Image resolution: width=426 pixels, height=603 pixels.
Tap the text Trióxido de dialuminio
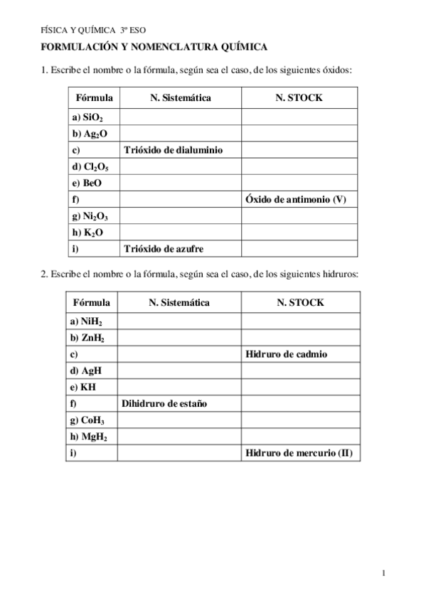[x=173, y=150]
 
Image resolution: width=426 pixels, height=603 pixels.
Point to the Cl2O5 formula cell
[x=91, y=166]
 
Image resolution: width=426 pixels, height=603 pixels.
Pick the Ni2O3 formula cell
[x=91, y=215]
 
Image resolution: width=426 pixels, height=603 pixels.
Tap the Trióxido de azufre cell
[x=169, y=248]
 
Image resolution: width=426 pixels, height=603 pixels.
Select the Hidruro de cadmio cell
[x=286, y=354]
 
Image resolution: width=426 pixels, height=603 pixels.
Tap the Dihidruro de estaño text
[x=169, y=403]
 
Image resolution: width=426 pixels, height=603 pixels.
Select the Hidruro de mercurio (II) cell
[x=298, y=452]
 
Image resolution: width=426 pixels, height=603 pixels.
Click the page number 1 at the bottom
[x=383, y=572]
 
